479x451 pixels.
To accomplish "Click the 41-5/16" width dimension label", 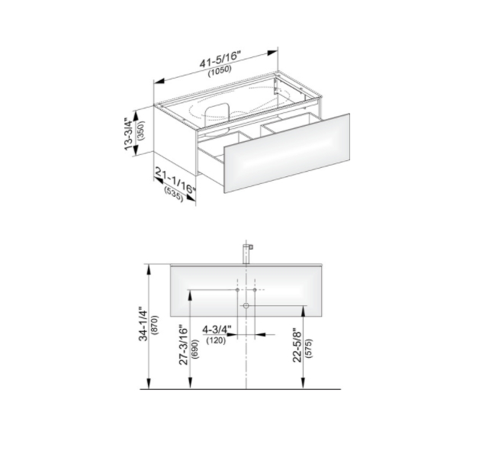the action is point(220,59).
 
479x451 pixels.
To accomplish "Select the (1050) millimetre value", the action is point(220,70).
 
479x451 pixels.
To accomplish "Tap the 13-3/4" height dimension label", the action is point(129,134).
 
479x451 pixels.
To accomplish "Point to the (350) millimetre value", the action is point(141,130).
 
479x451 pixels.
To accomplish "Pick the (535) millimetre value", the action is point(173,194).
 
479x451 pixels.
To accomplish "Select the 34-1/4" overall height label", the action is point(143,324).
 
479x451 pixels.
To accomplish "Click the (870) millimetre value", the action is point(156,325).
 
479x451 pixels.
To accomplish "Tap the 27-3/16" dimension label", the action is point(183,345).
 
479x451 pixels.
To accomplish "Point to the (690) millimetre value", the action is point(194,349).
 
